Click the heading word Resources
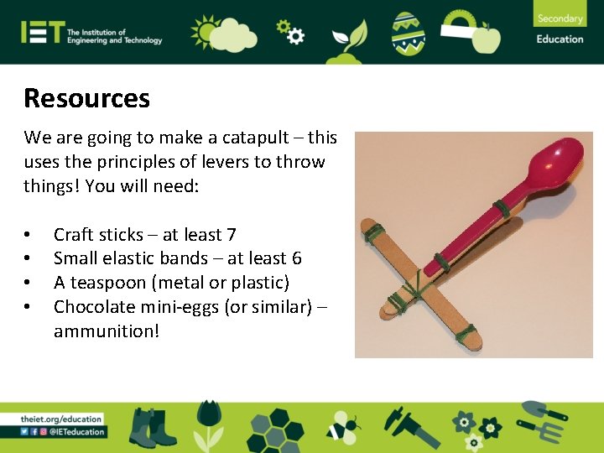pyautogui.click(x=86, y=98)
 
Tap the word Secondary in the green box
pyautogui.click(x=560, y=18)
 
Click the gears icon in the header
pyautogui.click(x=289, y=31)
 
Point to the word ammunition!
pyautogui.click(x=107, y=331)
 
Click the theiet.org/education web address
pyautogui.click(x=61, y=419)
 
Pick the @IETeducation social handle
pyautogui.click(x=77, y=432)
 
